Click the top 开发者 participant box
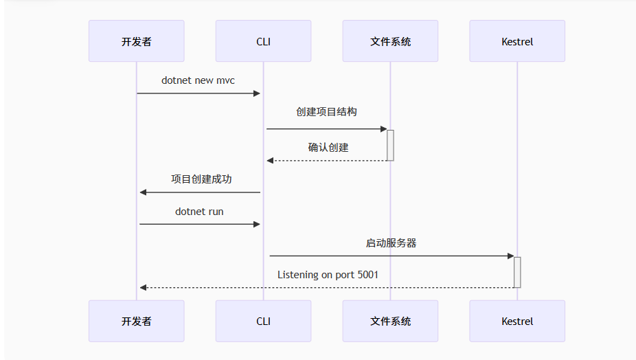(136, 41)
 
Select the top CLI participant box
(263, 41)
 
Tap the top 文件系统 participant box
(390, 41)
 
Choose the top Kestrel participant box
(517, 41)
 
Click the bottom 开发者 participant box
(136, 321)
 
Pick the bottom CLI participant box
(263, 321)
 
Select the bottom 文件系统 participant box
(390, 321)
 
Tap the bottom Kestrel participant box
(517, 321)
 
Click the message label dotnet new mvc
(198, 80)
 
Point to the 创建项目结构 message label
(326, 111)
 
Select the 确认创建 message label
(328, 147)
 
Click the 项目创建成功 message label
(201, 179)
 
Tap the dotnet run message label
(199, 212)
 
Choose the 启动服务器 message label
(391, 243)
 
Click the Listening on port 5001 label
(328, 275)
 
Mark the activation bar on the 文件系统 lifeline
(390, 145)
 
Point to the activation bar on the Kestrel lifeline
(517, 272)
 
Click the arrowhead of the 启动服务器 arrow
(510, 256)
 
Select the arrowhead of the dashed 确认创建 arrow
(271, 161)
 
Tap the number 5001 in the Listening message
(367, 275)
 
